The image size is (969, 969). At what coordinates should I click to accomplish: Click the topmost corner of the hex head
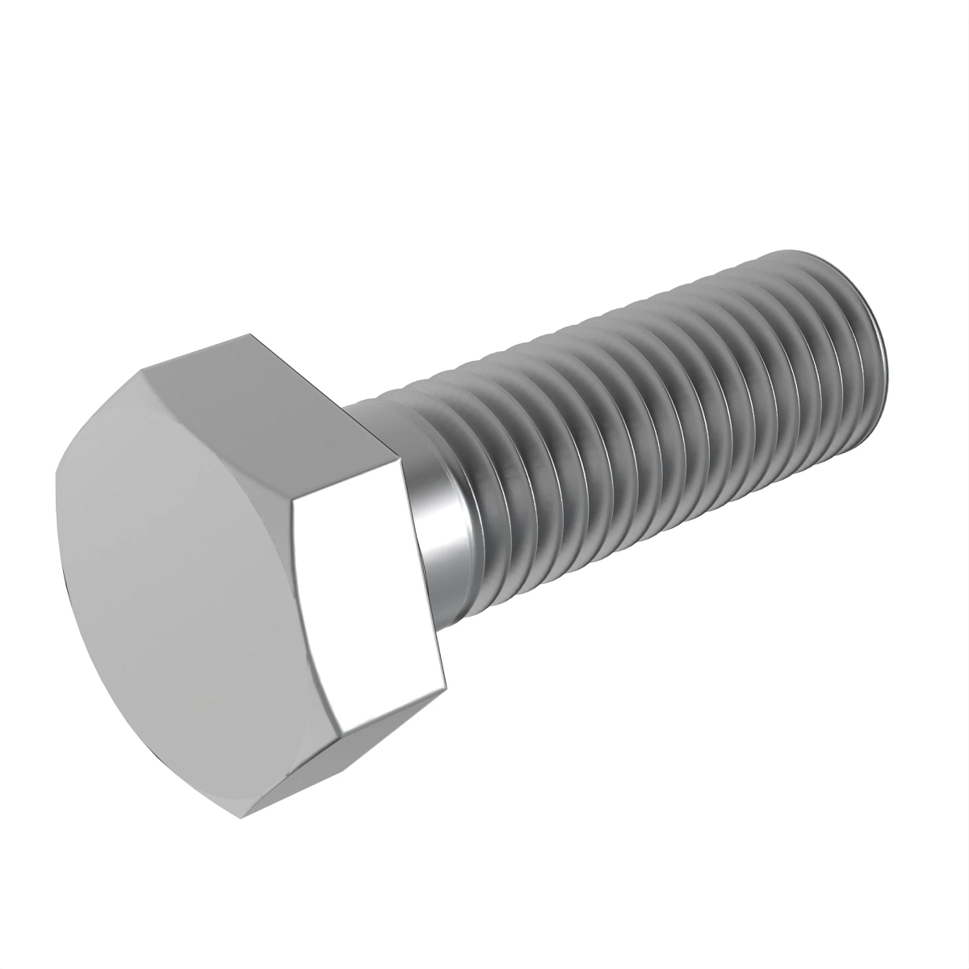tap(250, 333)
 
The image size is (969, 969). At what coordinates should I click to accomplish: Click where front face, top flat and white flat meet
tap(295, 501)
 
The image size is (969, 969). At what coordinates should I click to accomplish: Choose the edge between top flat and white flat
tap(347, 480)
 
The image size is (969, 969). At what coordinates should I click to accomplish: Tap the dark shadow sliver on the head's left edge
tap(63, 581)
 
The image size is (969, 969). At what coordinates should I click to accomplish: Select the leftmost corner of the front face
tap(57, 476)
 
